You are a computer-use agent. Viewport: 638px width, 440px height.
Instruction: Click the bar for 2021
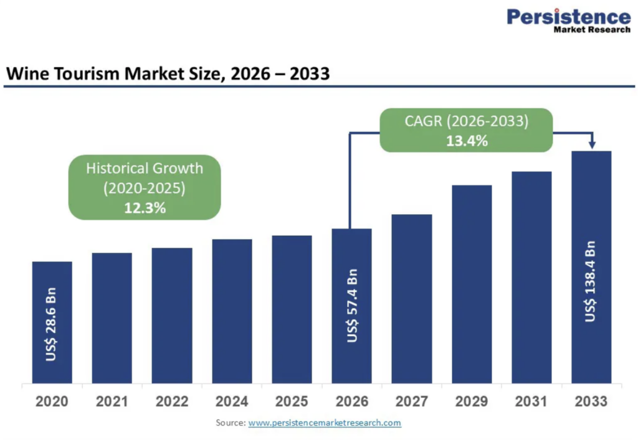112,318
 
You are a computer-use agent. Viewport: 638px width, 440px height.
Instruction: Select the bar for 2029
472,284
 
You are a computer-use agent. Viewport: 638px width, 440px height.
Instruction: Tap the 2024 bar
232,311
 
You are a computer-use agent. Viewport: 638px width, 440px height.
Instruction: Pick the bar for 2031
531,278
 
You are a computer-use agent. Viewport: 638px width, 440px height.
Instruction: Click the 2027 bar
412,299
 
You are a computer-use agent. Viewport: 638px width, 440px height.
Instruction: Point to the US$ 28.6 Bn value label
51,324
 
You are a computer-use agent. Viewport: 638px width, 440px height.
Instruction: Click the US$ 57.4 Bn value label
353,306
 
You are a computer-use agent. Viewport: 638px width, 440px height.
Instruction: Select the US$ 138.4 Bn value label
590,281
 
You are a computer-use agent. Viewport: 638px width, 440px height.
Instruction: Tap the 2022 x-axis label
172,401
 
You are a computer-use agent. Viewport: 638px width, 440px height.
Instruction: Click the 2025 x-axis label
292,401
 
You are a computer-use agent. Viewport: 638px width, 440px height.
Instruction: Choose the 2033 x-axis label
591,401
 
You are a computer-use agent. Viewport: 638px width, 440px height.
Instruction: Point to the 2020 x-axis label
52,401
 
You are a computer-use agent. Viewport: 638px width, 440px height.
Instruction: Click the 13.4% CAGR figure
467,141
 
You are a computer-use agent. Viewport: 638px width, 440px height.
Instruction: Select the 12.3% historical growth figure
145,208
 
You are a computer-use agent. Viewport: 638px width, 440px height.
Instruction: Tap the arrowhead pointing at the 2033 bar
592,144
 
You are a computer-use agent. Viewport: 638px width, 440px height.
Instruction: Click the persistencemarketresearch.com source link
325,423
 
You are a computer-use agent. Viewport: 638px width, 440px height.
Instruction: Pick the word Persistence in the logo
569,17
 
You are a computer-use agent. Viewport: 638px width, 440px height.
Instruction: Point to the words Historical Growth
145,168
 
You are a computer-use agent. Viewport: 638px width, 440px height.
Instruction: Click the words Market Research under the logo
592,30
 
